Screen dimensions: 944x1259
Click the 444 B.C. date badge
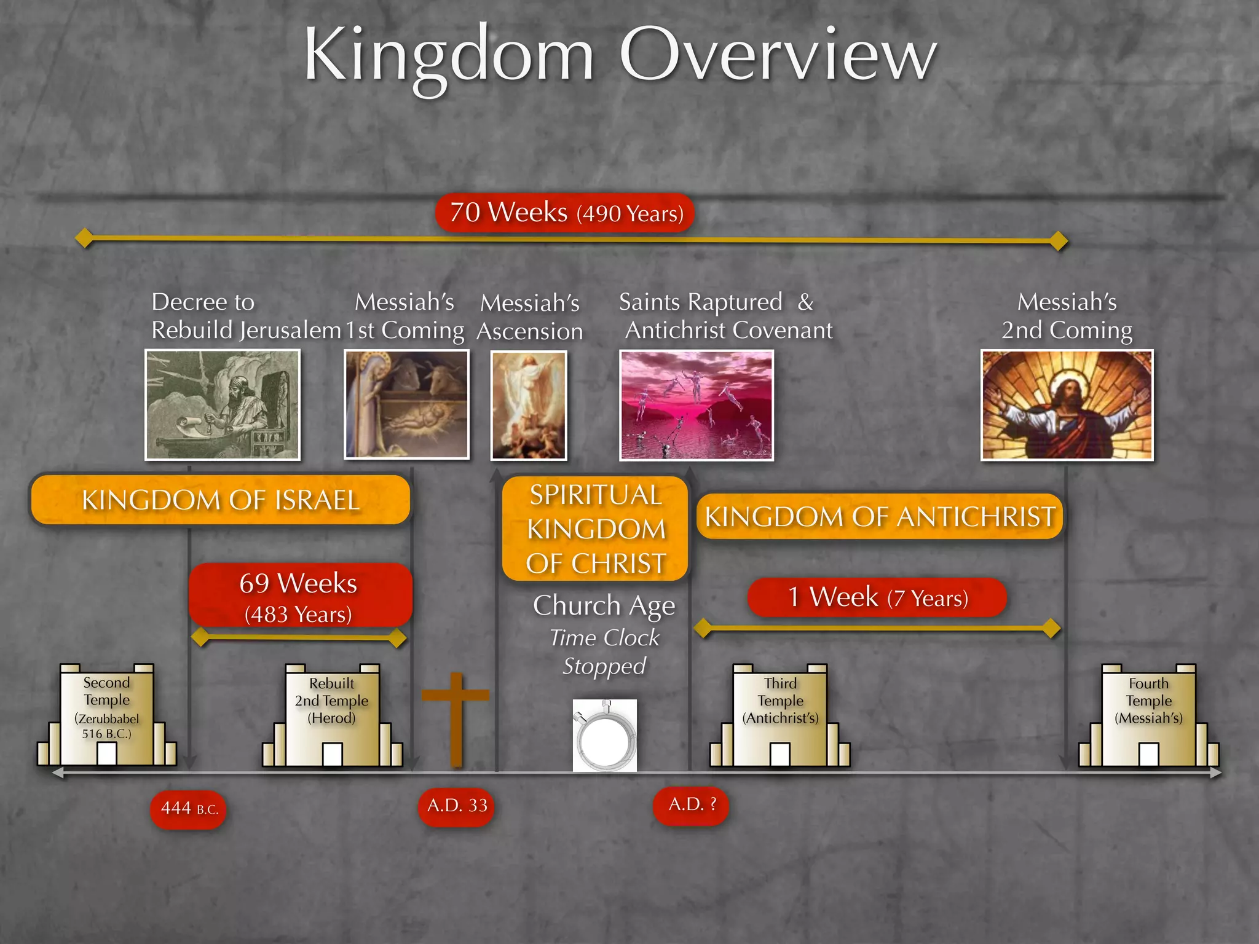pos(188,809)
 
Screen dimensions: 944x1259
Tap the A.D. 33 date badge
pos(456,806)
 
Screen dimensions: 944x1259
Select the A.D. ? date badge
pos(691,804)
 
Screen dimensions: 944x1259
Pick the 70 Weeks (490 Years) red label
pos(565,213)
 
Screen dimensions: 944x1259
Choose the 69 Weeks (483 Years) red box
pos(299,596)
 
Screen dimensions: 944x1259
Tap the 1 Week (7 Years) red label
pos(877,597)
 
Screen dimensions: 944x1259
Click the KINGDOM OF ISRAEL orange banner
pos(220,500)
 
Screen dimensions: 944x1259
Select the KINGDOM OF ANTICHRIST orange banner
pos(879,516)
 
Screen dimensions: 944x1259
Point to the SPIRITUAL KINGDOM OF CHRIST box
pos(595,529)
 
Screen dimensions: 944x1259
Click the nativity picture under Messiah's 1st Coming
pos(406,404)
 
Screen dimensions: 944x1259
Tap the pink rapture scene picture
pos(696,405)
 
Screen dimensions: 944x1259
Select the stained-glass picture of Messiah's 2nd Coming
pos(1067,405)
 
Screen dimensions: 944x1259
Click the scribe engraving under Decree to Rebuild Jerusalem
pos(223,404)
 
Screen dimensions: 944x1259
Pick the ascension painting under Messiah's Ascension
pos(529,405)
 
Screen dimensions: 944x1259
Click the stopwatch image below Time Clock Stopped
pos(605,735)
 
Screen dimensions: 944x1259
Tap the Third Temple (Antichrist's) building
pos(780,717)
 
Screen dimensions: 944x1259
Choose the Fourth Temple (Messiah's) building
pos(1148,717)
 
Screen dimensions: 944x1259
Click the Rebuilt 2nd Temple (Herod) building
pos(333,717)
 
